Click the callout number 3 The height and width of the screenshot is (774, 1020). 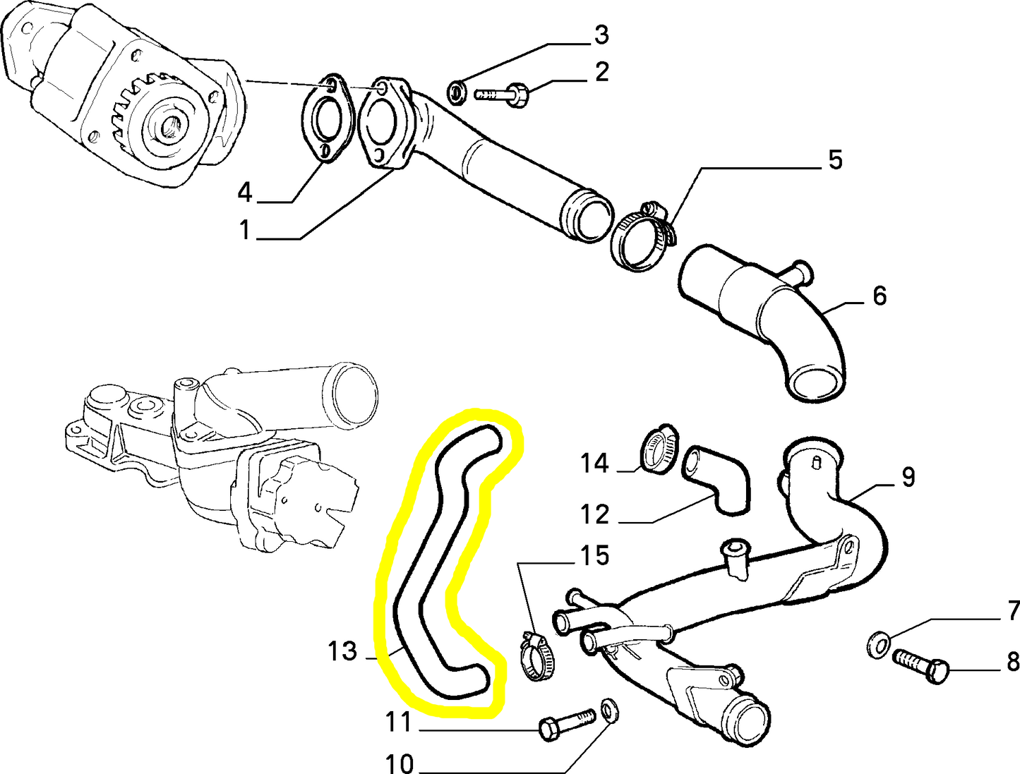[601, 34]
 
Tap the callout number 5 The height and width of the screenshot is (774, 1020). [835, 160]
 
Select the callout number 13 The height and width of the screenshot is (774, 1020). [342, 651]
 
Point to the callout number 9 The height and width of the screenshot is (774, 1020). [908, 477]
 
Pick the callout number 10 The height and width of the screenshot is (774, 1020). [399, 762]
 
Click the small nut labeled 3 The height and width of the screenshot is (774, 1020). [457, 91]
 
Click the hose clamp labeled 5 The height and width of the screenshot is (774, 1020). [641, 238]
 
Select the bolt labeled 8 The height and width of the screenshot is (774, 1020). [920, 665]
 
